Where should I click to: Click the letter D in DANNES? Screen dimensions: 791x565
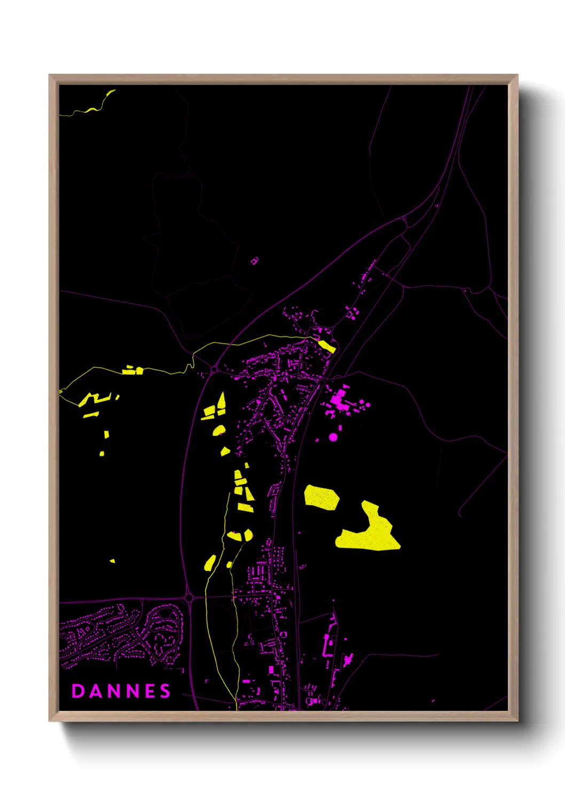click(77, 691)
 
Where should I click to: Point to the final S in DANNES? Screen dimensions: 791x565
click(166, 691)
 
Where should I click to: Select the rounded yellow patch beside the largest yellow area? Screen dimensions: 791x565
click(321, 497)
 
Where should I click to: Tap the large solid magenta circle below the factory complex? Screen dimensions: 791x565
click(333, 437)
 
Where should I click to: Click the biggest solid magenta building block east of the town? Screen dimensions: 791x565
click(339, 399)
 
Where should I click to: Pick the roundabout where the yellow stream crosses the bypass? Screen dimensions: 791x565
click(214, 369)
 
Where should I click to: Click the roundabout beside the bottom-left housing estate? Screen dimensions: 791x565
click(189, 598)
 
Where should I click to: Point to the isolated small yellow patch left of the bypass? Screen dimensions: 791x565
click(112, 561)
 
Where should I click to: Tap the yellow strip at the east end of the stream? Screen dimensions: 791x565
click(327, 346)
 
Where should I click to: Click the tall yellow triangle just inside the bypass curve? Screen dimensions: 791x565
click(221, 401)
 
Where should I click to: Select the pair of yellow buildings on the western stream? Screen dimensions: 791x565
click(132, 370)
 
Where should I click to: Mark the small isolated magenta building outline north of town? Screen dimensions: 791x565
click(255, 261)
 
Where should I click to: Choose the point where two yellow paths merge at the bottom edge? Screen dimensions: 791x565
click(236, 704)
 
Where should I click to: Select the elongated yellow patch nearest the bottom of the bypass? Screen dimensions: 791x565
click(210, 563)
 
